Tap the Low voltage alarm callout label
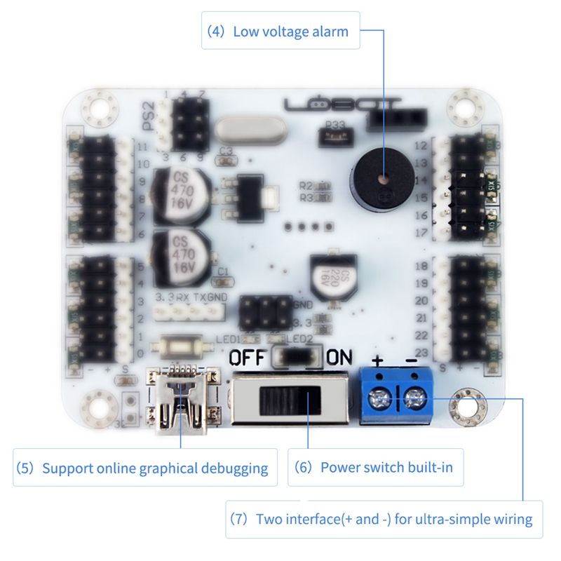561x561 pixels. (x=280, y=31)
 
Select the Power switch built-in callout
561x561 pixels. (x=375, y=467)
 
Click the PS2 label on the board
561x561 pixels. (x=148, y=116)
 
